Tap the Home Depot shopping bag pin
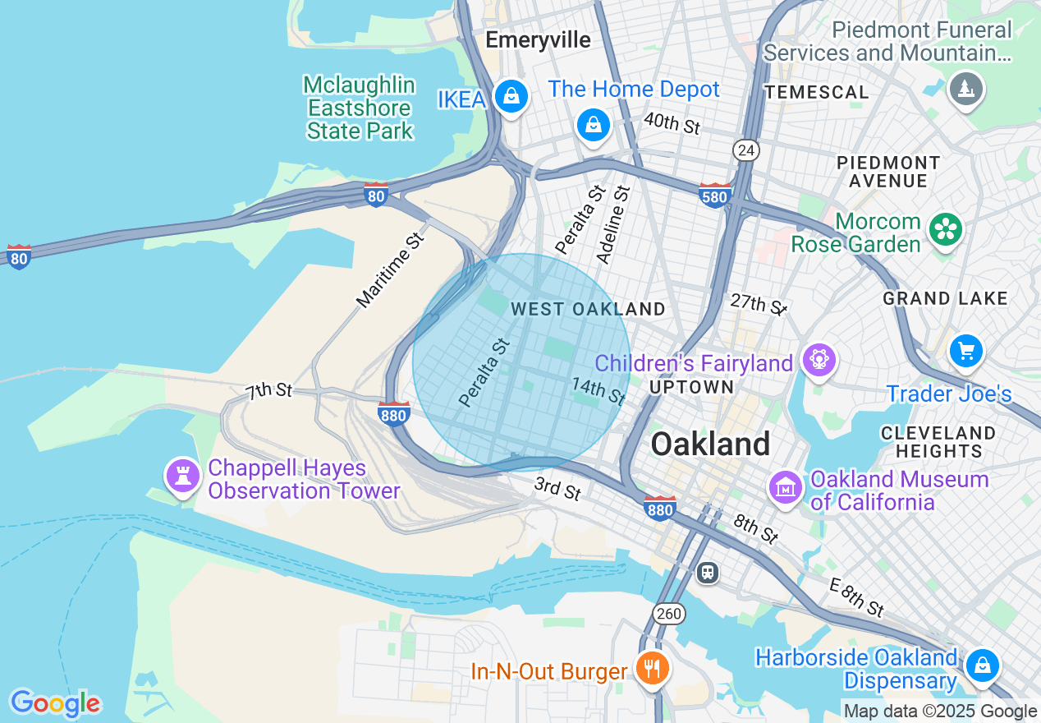click(593, 125)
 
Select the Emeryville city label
click(538, 39)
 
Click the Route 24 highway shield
click(746, 150)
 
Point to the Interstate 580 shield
click(714, 195)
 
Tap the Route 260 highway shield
click(669, 613)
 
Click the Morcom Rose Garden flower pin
click(946, 230)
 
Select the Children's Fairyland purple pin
click(820, 359)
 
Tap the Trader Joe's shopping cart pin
click(966, 352)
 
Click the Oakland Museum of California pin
click(785, 487)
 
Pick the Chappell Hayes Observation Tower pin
click(182, 476)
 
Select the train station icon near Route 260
click(707, 572)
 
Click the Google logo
click(55, 703)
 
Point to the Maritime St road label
click(391, 270)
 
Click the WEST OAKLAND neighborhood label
click(588, 309)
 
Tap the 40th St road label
click(672, 123)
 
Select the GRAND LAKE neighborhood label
click(945, 298)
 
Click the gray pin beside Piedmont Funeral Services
click(965, 88)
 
